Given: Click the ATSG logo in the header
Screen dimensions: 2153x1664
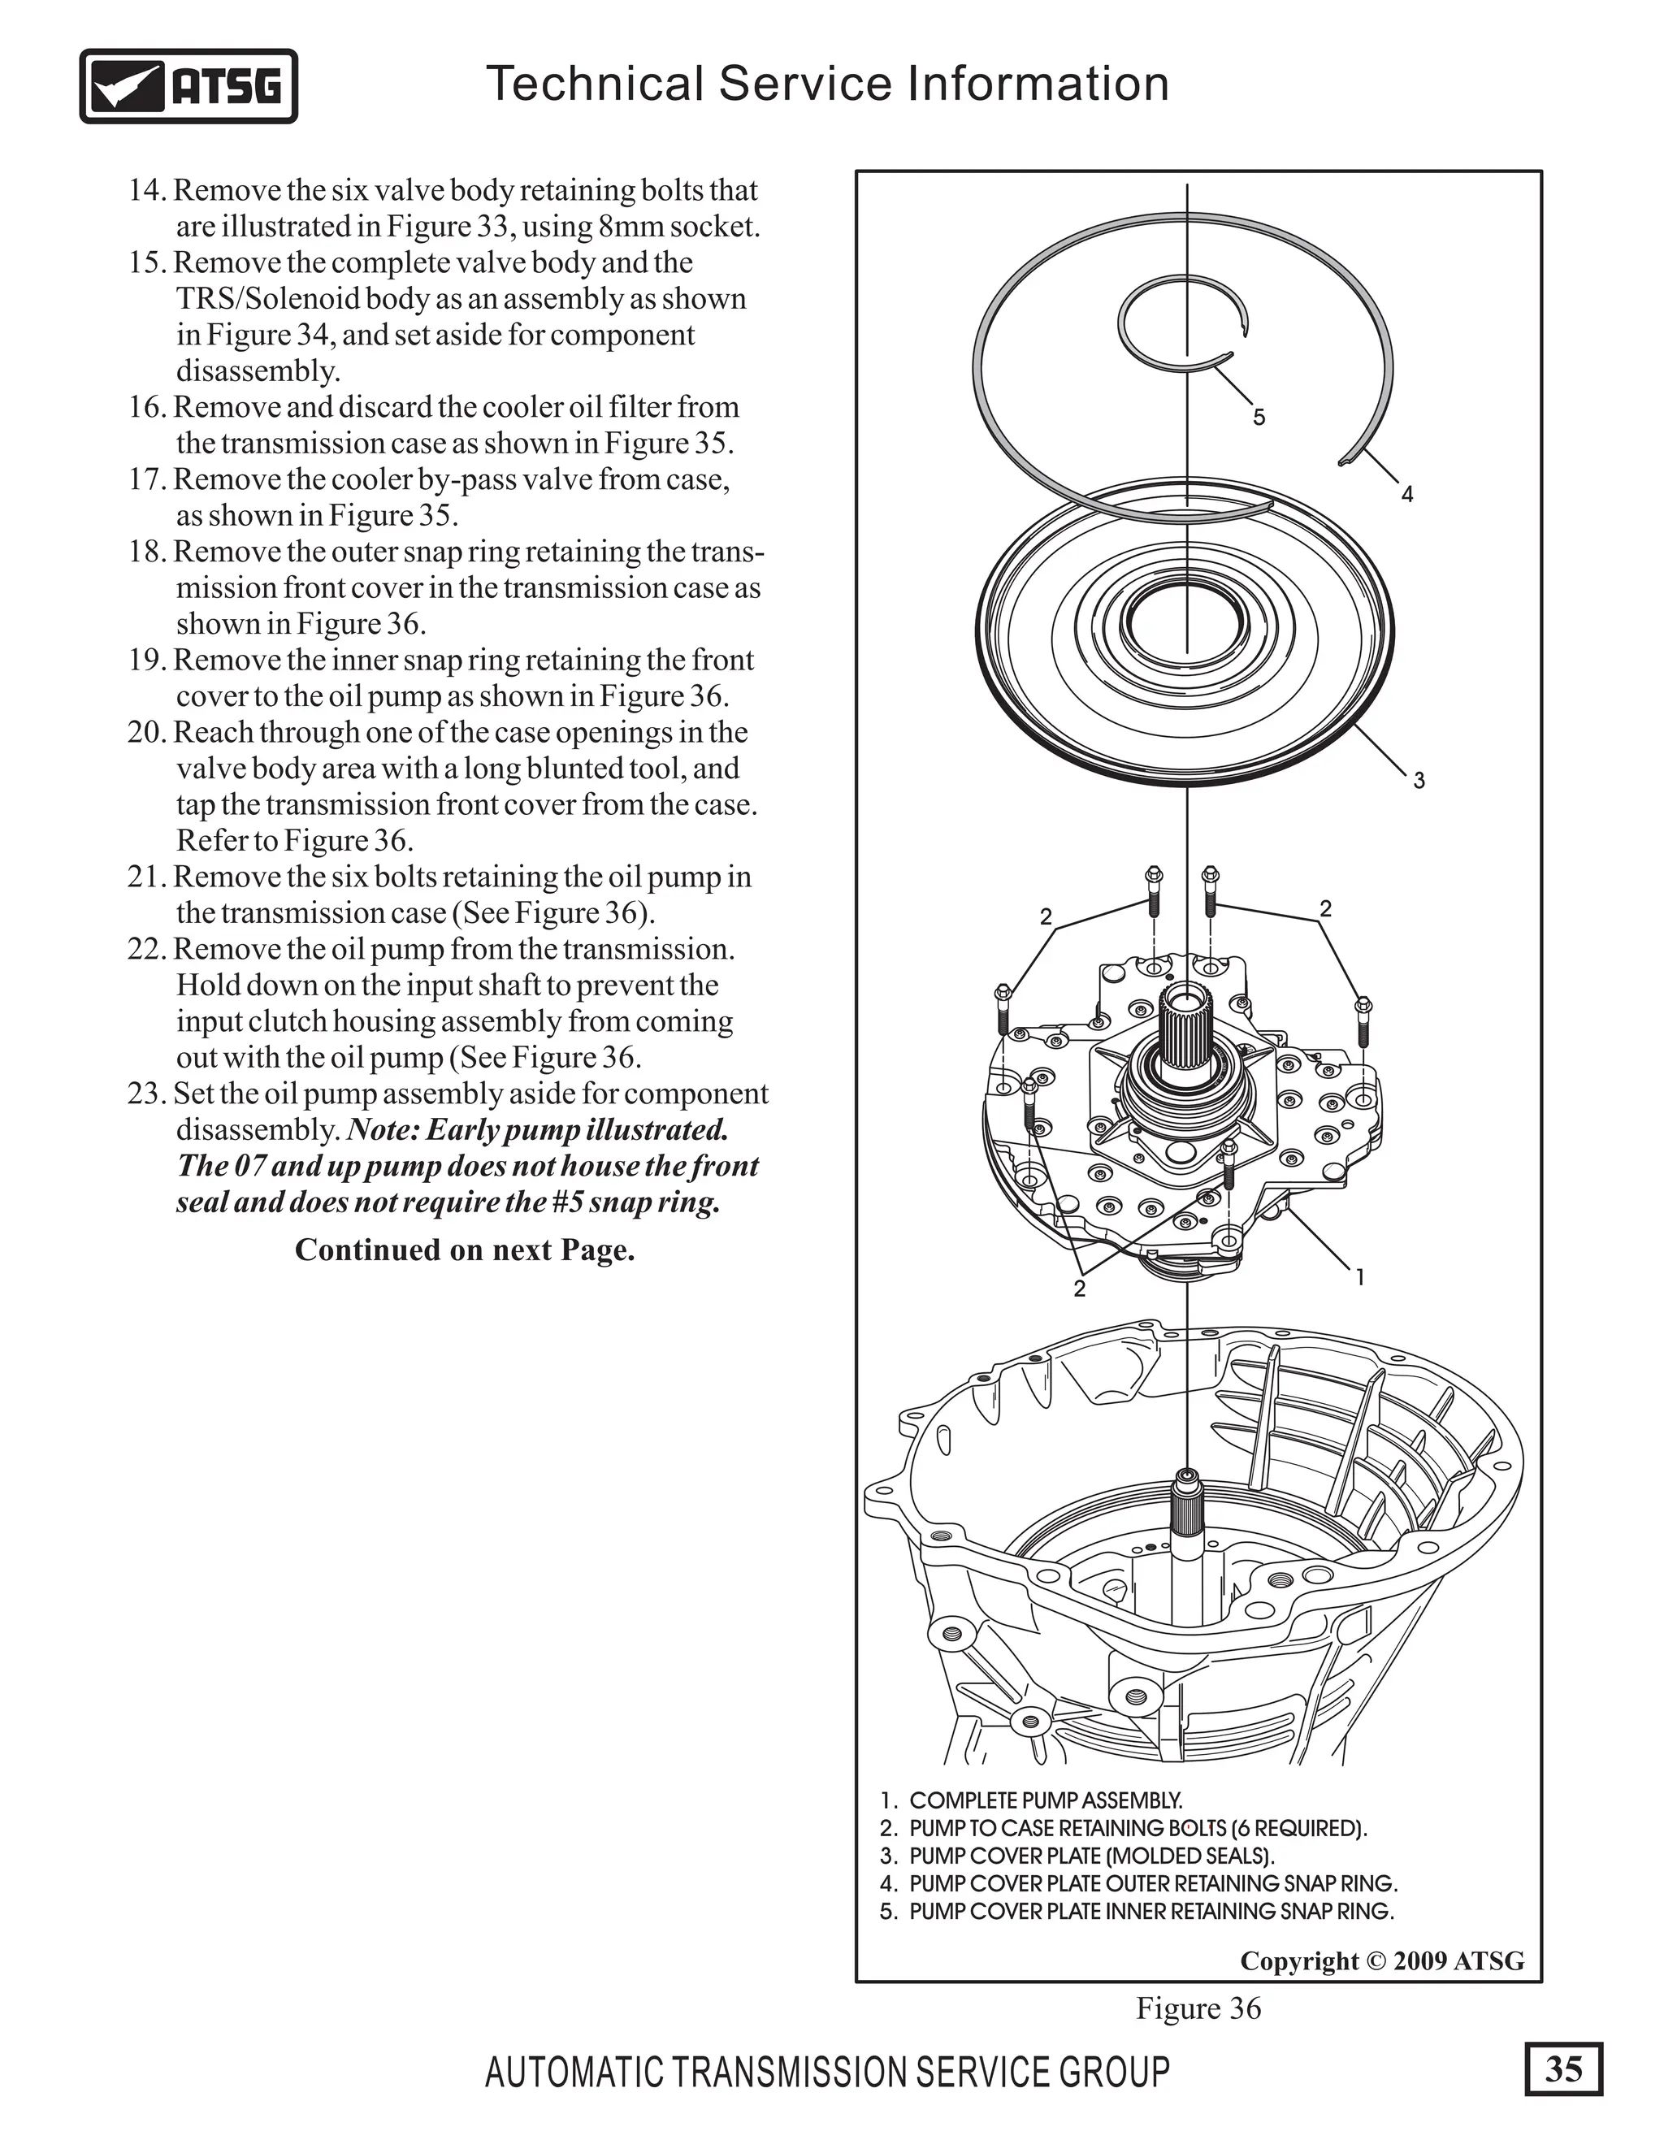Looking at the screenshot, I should pos(188,86).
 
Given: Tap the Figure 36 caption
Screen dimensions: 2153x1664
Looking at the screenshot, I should pos(1198,2008).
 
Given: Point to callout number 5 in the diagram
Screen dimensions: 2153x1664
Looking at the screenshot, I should pos(1259,418).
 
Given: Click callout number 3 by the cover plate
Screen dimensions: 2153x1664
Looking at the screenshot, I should pos(1419,781).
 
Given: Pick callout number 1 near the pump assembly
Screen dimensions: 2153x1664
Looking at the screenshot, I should pos(1360,1278).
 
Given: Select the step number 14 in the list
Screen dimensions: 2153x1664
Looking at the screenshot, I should pos(148,190).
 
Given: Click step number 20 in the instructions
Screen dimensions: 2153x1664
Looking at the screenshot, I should pos(148,733).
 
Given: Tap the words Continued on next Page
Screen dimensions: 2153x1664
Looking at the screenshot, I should pos(464,1250).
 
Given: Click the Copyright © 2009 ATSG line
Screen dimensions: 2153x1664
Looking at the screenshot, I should pos(1381,1960).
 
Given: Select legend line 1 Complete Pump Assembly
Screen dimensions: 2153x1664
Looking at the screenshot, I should pos(1031,1800).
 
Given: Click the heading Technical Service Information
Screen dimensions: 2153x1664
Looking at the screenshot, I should pos(827,83).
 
